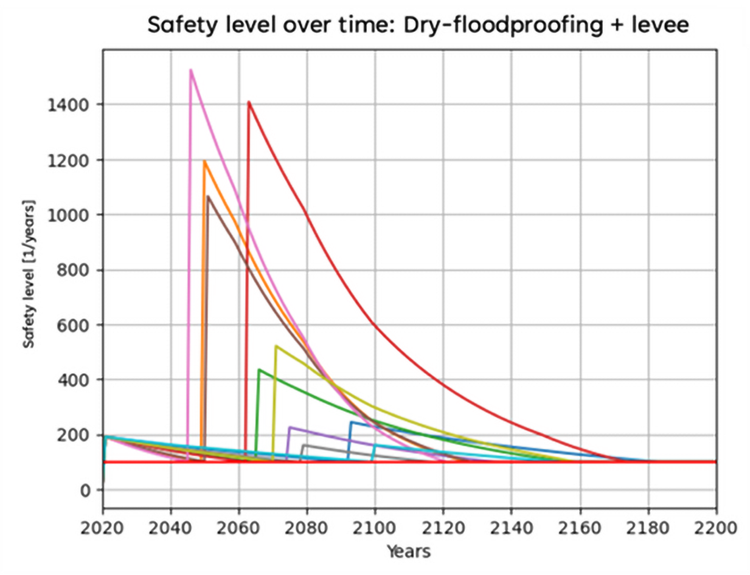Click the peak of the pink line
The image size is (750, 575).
pyautogui.click(x=190, y=70)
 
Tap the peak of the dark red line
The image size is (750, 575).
pyautogui.click(x=249, y=102)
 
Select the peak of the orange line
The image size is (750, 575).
pyautogui.click(x=204, y=161)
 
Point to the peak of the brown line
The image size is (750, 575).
pyautogui.click(x=208, y=196)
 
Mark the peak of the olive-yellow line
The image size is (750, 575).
pyautogui.click(x=276, y=346)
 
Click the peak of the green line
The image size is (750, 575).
pyautogui.click(x=259, y=370)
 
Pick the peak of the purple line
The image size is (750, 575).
pyautogui.click(x=290, y=427)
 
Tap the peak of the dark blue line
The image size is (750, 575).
pyautogui.click(x=351, y=422)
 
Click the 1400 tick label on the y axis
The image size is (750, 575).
pyautogui.click(x=67, y=105)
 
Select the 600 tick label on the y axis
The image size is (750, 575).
pyautogui.click(x=72, y=325)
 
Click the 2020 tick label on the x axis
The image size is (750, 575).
pyautogui.click(x=103, y=526)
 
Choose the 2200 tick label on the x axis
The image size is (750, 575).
pyautogui.click(x=716, y=526)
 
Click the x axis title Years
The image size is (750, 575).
pyautogui.click(x=409, y=551)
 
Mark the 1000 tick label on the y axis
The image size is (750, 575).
pyautogui.click(x=67, y=215)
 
